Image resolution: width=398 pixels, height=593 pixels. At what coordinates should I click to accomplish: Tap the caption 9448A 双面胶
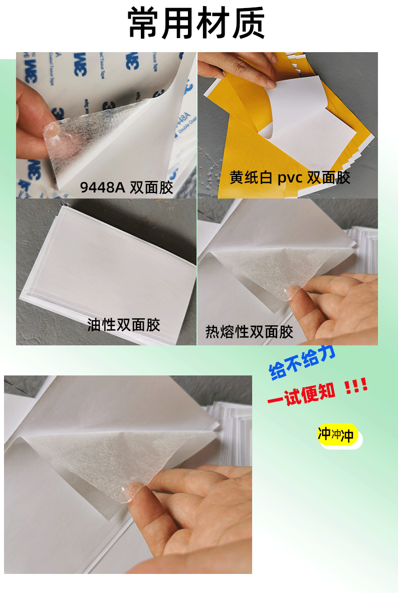[126, 188]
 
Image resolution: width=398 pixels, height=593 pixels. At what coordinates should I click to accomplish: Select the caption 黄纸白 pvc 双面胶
[290, 178]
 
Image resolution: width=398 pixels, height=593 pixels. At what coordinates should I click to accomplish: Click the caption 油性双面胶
[123, 325]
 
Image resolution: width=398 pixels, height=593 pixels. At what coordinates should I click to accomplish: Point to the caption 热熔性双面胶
[249, 332]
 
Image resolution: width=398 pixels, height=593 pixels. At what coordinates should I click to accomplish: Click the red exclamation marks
[356, 387]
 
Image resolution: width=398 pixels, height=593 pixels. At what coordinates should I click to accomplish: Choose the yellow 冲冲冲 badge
[336, 435]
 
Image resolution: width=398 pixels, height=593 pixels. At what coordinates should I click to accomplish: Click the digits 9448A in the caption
[102, 188]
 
